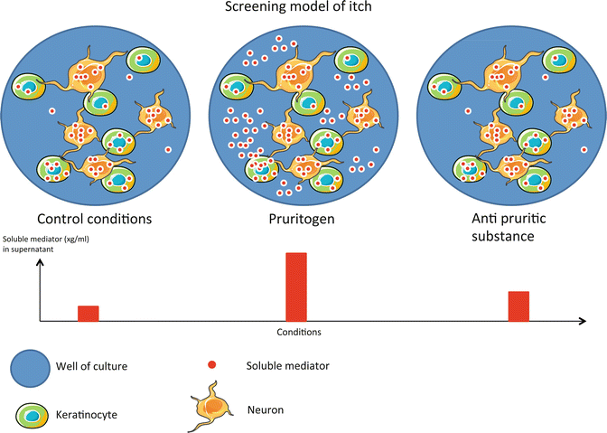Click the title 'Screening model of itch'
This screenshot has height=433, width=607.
[x=303, y=10]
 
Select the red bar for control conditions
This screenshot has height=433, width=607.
[x=88, y=313]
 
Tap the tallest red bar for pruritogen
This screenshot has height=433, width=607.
[x=296, y=287]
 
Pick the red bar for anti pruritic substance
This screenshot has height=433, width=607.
[x=518, y=306]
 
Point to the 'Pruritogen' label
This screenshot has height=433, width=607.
[x=296, y=219]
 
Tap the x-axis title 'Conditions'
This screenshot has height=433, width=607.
[x=298, y=332]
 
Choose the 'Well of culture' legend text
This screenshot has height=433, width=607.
[x=102, y=367]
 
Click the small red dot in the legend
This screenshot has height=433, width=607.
[x=211, y=365]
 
